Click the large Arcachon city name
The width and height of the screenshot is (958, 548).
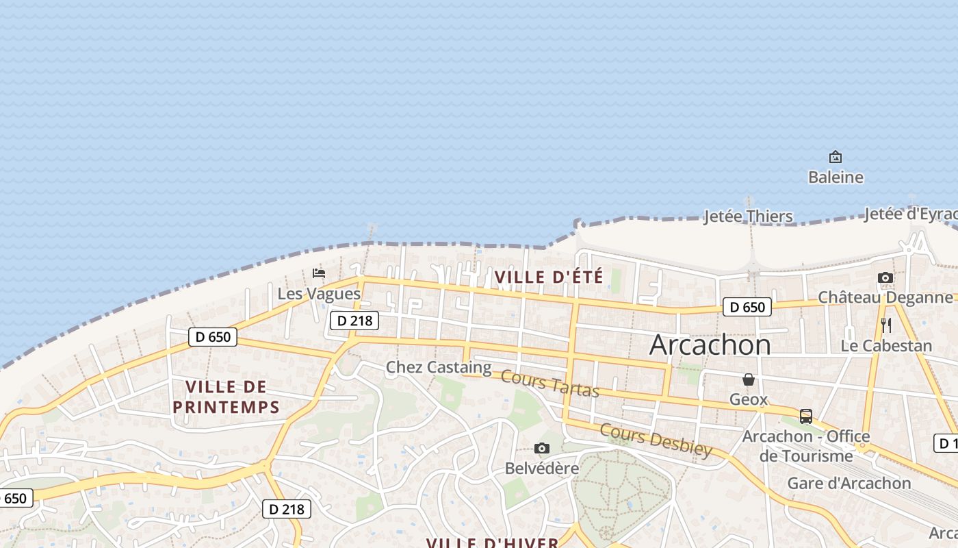[x=710, y=344]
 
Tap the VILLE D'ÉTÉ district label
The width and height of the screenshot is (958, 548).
[x=549, y=277]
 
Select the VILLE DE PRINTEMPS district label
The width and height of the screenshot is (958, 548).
[x=226, y=397]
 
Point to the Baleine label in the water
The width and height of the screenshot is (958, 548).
[x=836, y=177]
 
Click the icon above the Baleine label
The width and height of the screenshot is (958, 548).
[x=835, y=157]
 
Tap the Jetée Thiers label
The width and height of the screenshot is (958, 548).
[x=748, y=216]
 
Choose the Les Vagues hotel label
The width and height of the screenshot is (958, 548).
[x=319, y=294]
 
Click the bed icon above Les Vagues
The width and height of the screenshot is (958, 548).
[x=319, y=273]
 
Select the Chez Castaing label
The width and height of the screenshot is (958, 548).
[x=439, y=367]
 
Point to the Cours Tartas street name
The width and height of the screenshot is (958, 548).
[x=550, y=384]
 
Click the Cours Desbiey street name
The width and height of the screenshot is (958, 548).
[x=656, y=439]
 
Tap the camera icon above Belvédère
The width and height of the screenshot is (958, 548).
[x=542, y=449]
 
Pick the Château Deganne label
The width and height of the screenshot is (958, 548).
[x=885, y=297]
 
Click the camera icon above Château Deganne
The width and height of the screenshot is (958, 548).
[x=885, y=277]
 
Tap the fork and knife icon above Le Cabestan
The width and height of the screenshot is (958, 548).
[x=886, y=325]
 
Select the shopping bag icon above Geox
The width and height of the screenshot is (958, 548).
[x=749, y=379]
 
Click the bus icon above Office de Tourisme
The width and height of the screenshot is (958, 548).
[x=806, y=416]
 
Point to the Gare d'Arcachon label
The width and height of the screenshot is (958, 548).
[x=849, y=483]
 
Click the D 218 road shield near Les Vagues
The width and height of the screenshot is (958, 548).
[x=354, y=321]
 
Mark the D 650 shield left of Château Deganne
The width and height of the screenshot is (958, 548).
[x=747, y=307]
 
